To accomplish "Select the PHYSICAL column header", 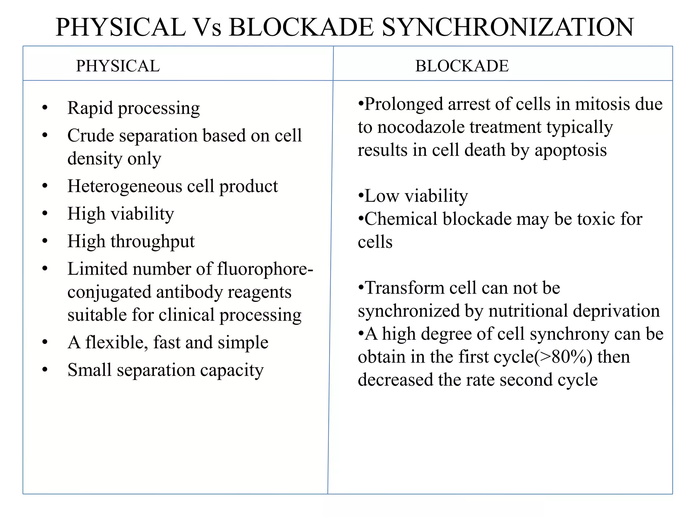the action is pos(118,66).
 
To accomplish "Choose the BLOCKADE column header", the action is pos(462,66).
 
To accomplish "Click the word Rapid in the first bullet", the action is pos(90,108).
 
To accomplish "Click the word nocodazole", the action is pos(421,127).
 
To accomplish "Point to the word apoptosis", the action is pos(571,150).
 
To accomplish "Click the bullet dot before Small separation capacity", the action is pos(45,370).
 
